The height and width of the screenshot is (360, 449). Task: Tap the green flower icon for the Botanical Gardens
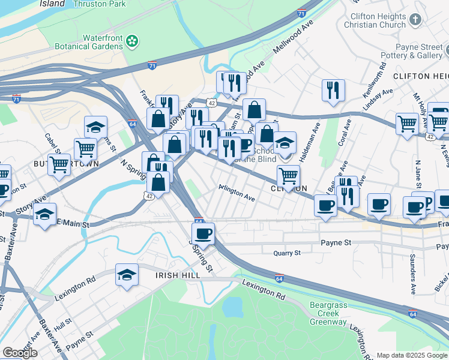click(134, 41)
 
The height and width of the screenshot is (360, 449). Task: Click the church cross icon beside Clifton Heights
click(415, 20)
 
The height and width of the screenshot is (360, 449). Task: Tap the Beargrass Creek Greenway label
click(328, 313)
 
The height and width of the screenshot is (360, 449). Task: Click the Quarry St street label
click(286, 253)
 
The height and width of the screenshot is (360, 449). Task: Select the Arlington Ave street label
click(237, 193)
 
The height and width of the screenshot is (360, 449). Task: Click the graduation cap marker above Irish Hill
click(127, 275)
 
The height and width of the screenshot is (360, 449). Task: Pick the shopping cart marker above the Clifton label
click(289, 176)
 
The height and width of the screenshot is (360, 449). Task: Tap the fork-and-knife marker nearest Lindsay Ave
click(333, 90)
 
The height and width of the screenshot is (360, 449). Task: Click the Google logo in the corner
click(20, 353)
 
